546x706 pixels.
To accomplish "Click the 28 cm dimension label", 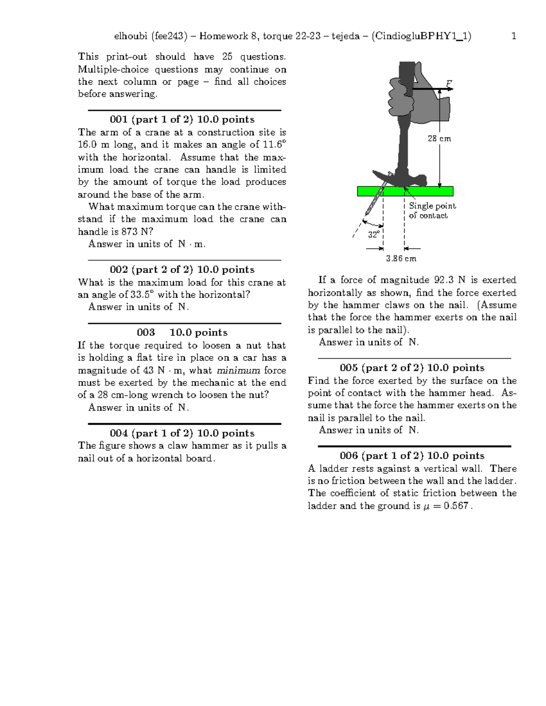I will (x=439, y=139).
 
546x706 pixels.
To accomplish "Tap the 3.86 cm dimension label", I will (x=401, y=259).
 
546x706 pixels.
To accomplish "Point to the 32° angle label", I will (x=374, y=235).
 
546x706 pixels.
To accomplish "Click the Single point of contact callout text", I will (x=432, y=211).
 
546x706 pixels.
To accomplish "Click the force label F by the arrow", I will (x=449, y=83).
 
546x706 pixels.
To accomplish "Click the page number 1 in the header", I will (x=514, y=36).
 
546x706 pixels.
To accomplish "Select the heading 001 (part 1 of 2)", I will (x=182, y=120).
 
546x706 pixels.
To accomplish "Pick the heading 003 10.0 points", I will (x=182, y=332).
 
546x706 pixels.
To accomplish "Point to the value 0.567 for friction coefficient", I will (x=456, y=506).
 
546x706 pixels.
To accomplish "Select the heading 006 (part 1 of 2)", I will (x=412, y=456).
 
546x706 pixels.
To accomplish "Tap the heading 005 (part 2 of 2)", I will (x=412, y=368).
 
